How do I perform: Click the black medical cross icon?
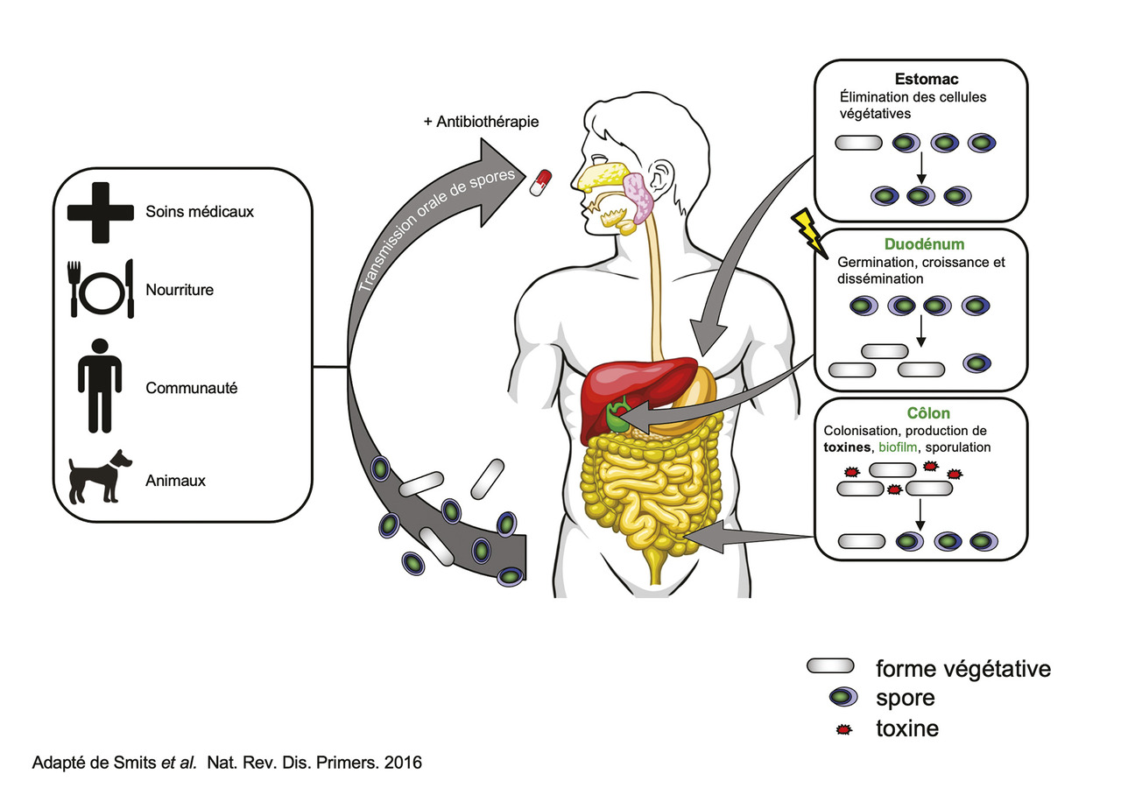click(99, 211)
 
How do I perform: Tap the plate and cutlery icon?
click(99, 288)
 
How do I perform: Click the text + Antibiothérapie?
click(481, 121)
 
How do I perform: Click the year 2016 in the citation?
click(404, 763)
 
